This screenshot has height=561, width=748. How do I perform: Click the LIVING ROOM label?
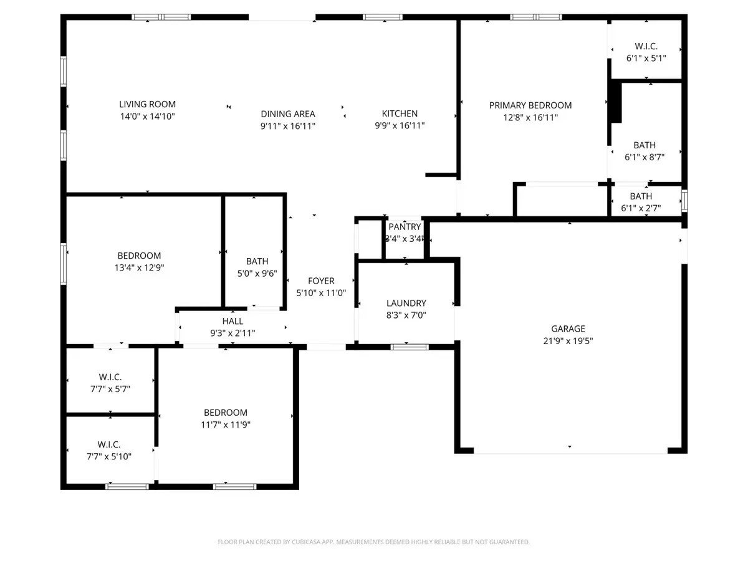click(x=147, y=104)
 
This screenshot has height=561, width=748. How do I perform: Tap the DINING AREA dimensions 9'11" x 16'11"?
click(x=287, y=127)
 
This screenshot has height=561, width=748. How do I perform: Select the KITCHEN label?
click(x=400, y=113)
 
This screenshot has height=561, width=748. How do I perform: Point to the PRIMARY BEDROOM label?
click(x=530, y=105)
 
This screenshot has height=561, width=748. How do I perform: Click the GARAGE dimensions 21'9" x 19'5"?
click(x=568, y=340)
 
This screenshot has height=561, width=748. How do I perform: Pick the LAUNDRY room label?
click(x=406, y=303)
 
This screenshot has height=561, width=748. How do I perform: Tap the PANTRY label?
click(x=405, y=226)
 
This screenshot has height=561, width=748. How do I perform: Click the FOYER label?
click(x=321, y=280)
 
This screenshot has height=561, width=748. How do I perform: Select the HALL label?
click(x=233, y=321)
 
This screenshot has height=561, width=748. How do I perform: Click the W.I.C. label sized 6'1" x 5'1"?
click(x=646, y=46)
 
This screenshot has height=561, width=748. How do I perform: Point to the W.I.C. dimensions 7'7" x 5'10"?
click(x=108, y=456)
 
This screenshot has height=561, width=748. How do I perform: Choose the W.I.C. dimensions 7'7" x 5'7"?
click(x=110, y=389)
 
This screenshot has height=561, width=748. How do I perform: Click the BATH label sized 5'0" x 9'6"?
click(x=257, y=261)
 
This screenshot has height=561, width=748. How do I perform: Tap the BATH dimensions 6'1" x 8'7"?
click(x=644, y=157)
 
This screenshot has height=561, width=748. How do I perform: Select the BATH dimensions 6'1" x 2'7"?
click(x=641, y=208)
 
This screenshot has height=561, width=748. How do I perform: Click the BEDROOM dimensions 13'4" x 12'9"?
click(x=139, y=268)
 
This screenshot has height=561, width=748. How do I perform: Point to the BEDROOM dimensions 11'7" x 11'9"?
click(x=225, y=424)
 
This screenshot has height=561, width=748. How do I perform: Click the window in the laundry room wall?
click(x=410, y=347)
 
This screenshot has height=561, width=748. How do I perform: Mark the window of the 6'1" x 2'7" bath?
click(x=684, y=201)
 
